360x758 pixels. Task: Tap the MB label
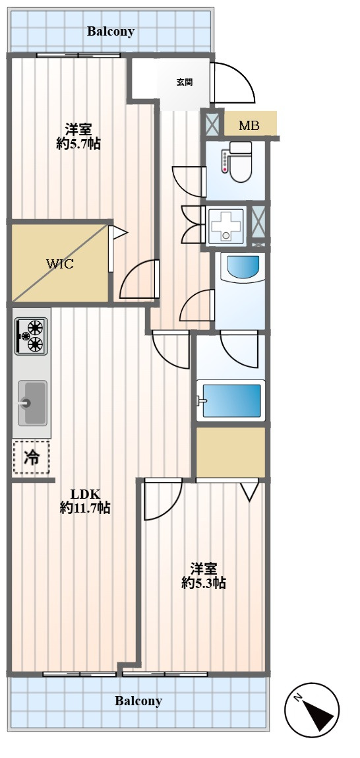(249, 126)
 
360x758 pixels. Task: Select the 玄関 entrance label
(184, 82)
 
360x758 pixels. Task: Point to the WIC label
(60, 264)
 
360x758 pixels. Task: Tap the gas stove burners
(32, 336)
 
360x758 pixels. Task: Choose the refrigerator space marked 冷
(32, 457)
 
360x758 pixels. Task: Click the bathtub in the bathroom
(231, 400)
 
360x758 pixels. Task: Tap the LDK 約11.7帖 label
(85, 501)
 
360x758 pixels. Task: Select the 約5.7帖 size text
(78, 144)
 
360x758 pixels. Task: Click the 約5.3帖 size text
(204, 583)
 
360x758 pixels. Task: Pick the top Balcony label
(111, 32)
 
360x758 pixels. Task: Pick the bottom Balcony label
(138, 701)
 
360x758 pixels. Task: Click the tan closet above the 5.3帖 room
(231, 451)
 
